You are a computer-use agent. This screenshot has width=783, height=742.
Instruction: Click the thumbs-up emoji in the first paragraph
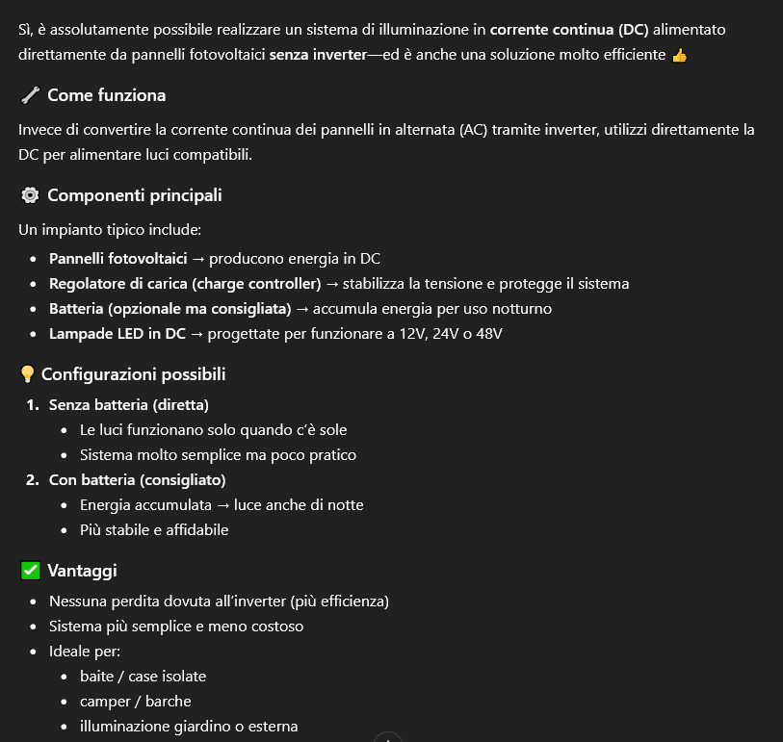pos(680,55)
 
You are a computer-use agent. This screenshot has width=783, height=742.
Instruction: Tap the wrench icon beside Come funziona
pos(29,95)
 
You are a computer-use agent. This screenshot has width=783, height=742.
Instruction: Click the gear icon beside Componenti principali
pos(29,195)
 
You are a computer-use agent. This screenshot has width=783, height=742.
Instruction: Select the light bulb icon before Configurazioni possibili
pos(28,374)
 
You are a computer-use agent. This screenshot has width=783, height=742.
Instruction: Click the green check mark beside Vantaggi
pos(29,571)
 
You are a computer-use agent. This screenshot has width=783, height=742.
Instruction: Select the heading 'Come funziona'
pos(106,95)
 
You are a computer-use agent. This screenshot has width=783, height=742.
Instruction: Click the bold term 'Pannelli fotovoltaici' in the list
pos(117,259)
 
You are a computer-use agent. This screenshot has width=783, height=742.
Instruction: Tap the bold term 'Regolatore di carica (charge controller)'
pos(185,284)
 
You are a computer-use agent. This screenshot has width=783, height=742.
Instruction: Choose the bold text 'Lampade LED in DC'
pos(117,334)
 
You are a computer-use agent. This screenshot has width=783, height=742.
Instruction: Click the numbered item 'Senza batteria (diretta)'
pos(129,405)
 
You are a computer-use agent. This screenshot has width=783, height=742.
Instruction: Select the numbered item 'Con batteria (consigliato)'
pos(138,480)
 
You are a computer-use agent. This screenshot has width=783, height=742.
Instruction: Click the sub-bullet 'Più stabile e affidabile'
pos(154,530)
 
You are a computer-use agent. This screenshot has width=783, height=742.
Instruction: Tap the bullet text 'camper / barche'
pos(136,702)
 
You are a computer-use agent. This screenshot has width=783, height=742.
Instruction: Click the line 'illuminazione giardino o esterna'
pos(189,727)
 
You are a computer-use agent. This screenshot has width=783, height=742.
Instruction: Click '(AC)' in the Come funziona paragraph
pos(473,130)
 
